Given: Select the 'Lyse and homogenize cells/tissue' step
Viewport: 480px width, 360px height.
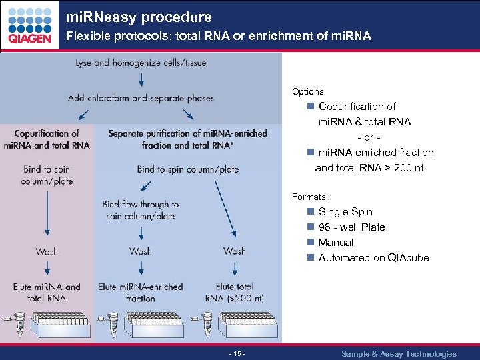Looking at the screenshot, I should [x=141, y=63].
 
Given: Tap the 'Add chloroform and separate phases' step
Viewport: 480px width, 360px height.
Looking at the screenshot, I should [x=141, y=98].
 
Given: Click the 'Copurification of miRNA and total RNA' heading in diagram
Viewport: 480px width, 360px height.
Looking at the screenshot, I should [x=47, y=139].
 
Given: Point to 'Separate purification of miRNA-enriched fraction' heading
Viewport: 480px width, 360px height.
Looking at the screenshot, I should [x=188, y=139].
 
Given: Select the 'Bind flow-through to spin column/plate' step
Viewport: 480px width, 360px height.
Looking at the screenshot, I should [x=141, y=210].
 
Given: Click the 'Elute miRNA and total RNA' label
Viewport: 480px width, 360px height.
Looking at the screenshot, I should [x=47, y=292].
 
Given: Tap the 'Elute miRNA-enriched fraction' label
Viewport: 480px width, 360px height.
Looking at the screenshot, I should [x=141, y=292].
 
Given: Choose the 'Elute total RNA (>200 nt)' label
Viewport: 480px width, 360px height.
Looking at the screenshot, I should [x=235, y=292].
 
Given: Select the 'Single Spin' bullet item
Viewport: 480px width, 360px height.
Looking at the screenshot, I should [x=345, y=212].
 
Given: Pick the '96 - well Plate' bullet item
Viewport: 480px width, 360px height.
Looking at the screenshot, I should [x=351, y=227].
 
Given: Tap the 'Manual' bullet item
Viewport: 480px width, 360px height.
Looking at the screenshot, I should [x=335, y=243].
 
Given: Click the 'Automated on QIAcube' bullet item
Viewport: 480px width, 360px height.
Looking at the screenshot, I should [x=373, y=258].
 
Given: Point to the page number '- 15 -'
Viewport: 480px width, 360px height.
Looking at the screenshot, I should [x=237, y=354].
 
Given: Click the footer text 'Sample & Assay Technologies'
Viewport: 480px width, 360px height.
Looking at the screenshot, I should [x=399, y=354].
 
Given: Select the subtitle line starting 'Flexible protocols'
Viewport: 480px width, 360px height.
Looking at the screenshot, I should [x=217, y=36].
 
